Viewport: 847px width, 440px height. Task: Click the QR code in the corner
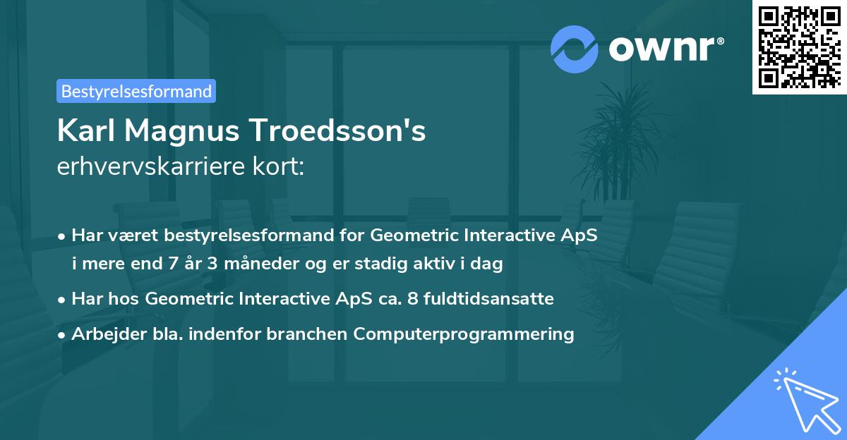[x=799, y=47]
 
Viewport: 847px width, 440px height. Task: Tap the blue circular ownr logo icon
[x=575, y=49]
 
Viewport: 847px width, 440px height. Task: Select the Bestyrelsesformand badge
[x=136, y=91]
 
